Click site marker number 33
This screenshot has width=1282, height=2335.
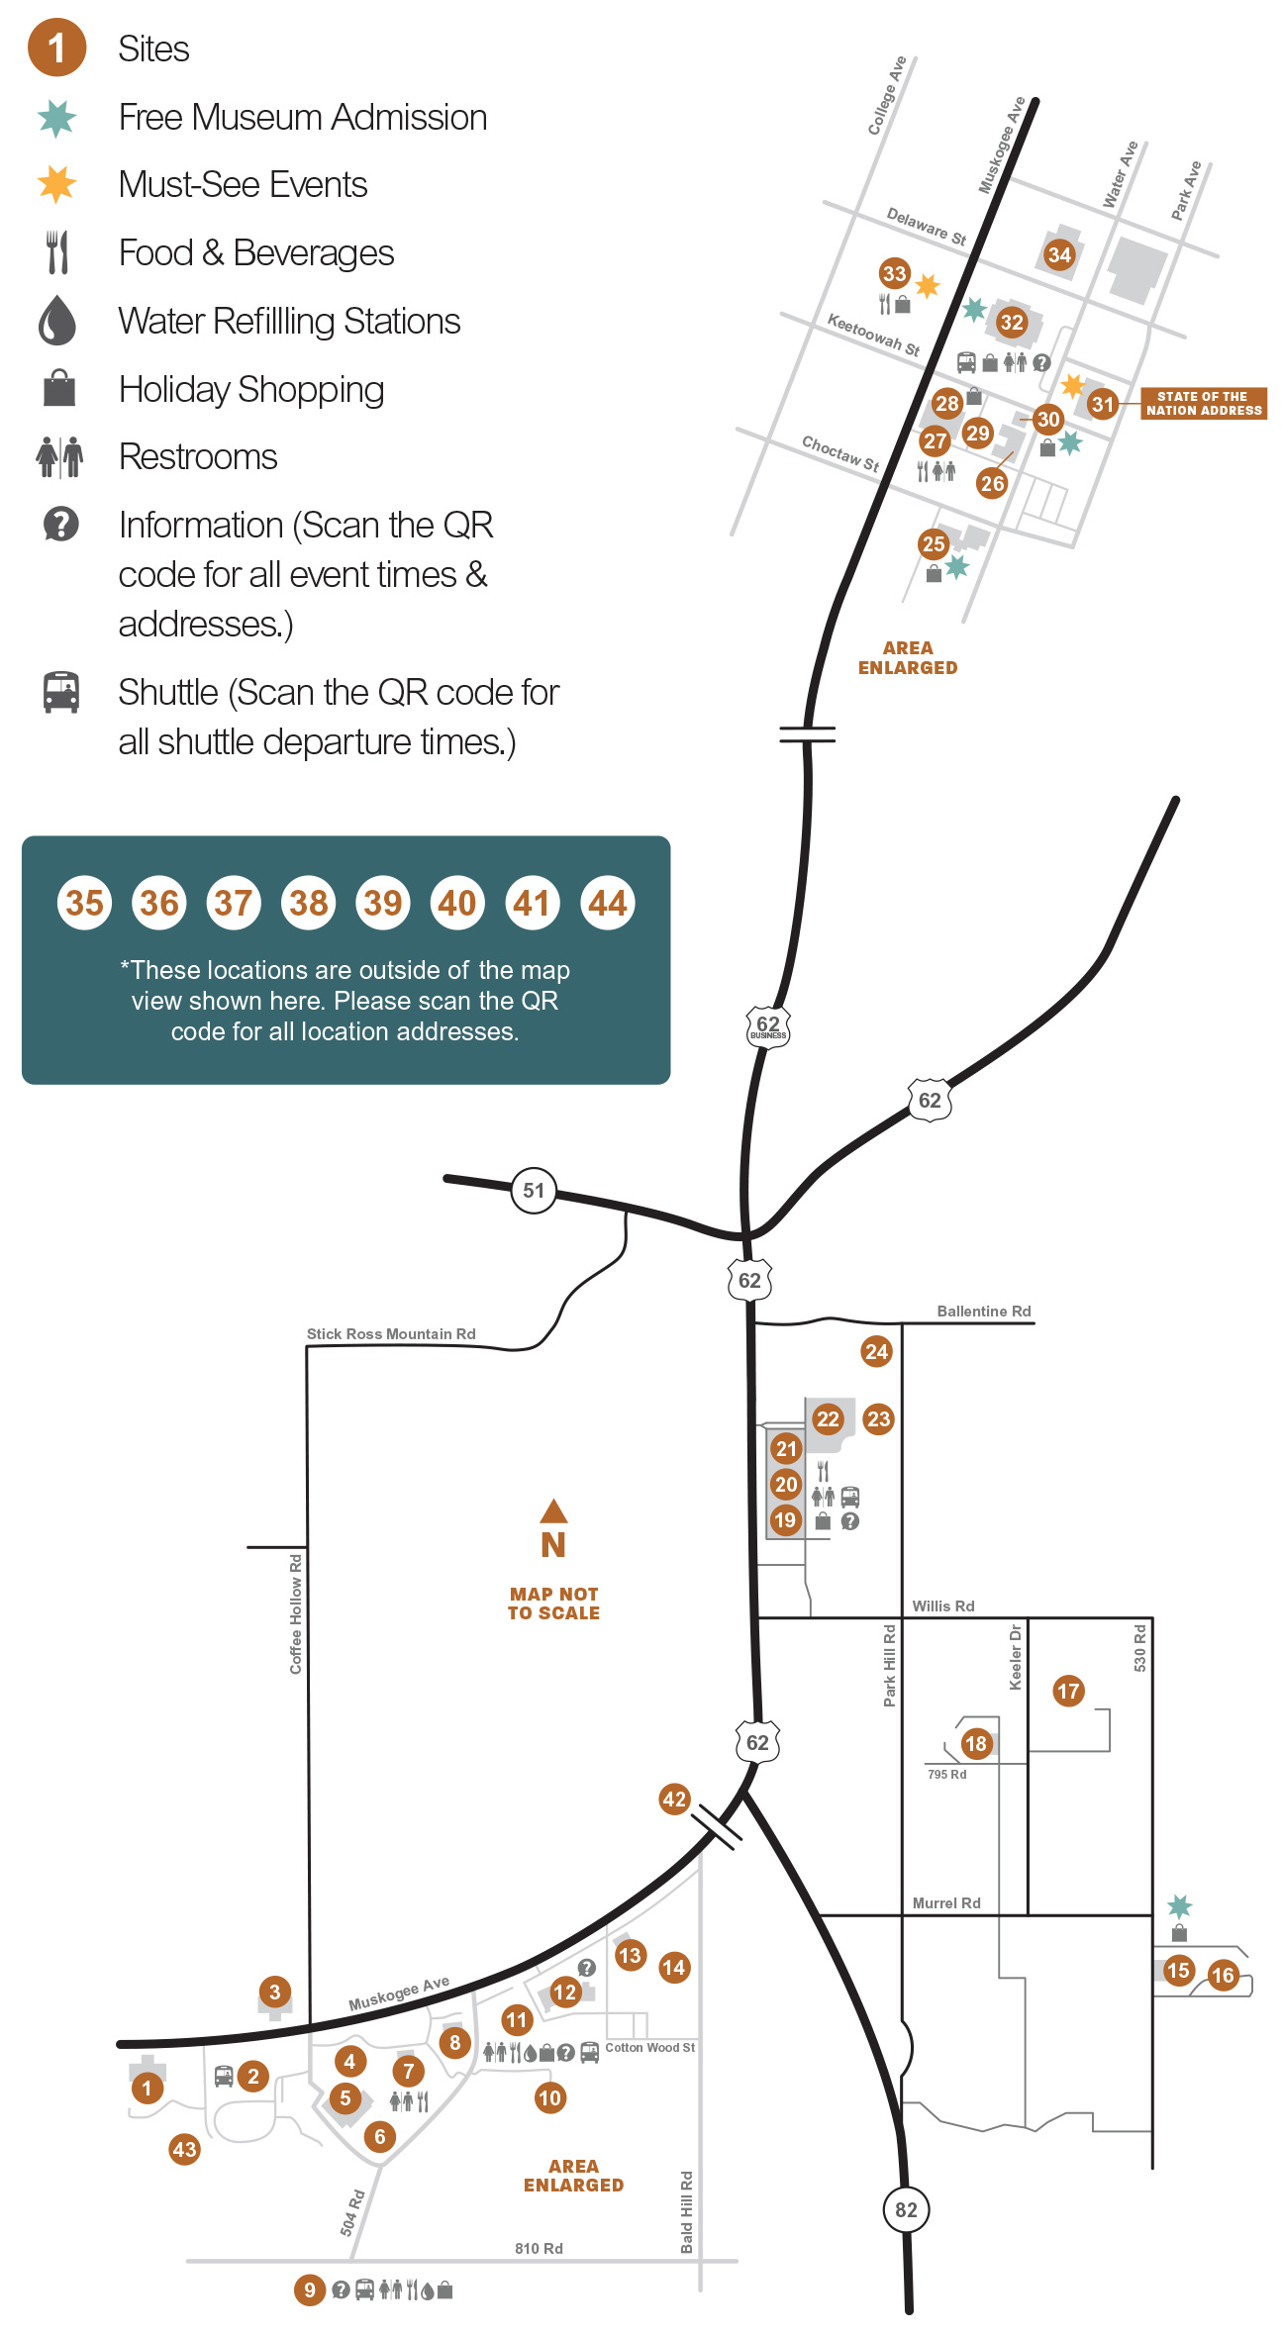tap(894, 273)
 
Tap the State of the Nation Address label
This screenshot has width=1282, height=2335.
tap(1204, 403)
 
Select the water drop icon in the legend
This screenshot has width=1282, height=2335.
tap(57, 321)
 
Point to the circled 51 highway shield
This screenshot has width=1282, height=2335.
tap(534, 1190)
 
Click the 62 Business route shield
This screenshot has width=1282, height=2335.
tap(768, 1026)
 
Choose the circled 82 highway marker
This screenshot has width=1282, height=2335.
tap(906, 2209)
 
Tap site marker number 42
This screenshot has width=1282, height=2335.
tap(674, 1799)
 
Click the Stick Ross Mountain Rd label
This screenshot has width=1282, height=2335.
tap(391, 1333)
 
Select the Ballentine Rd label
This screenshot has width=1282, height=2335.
tap(984, 1311)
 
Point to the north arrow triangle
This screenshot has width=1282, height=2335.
tap(553, 1510)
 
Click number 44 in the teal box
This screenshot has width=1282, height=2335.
tap(608, 903)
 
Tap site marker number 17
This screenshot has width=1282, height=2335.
tap(1068, 1691)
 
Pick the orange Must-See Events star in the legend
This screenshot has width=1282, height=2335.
tap(57, 184)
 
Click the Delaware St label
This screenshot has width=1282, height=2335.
tap(927, 227)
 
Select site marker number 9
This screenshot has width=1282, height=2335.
tap(310, 2289)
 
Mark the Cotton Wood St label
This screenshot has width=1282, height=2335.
tap(650, 2047)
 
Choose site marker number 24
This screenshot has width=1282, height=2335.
tap(876, 1351)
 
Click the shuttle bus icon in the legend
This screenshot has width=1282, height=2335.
tap(60, 692)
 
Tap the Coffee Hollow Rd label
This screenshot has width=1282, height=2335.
tap(295, 1613)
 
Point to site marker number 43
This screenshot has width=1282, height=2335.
tap(184, 2149)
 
